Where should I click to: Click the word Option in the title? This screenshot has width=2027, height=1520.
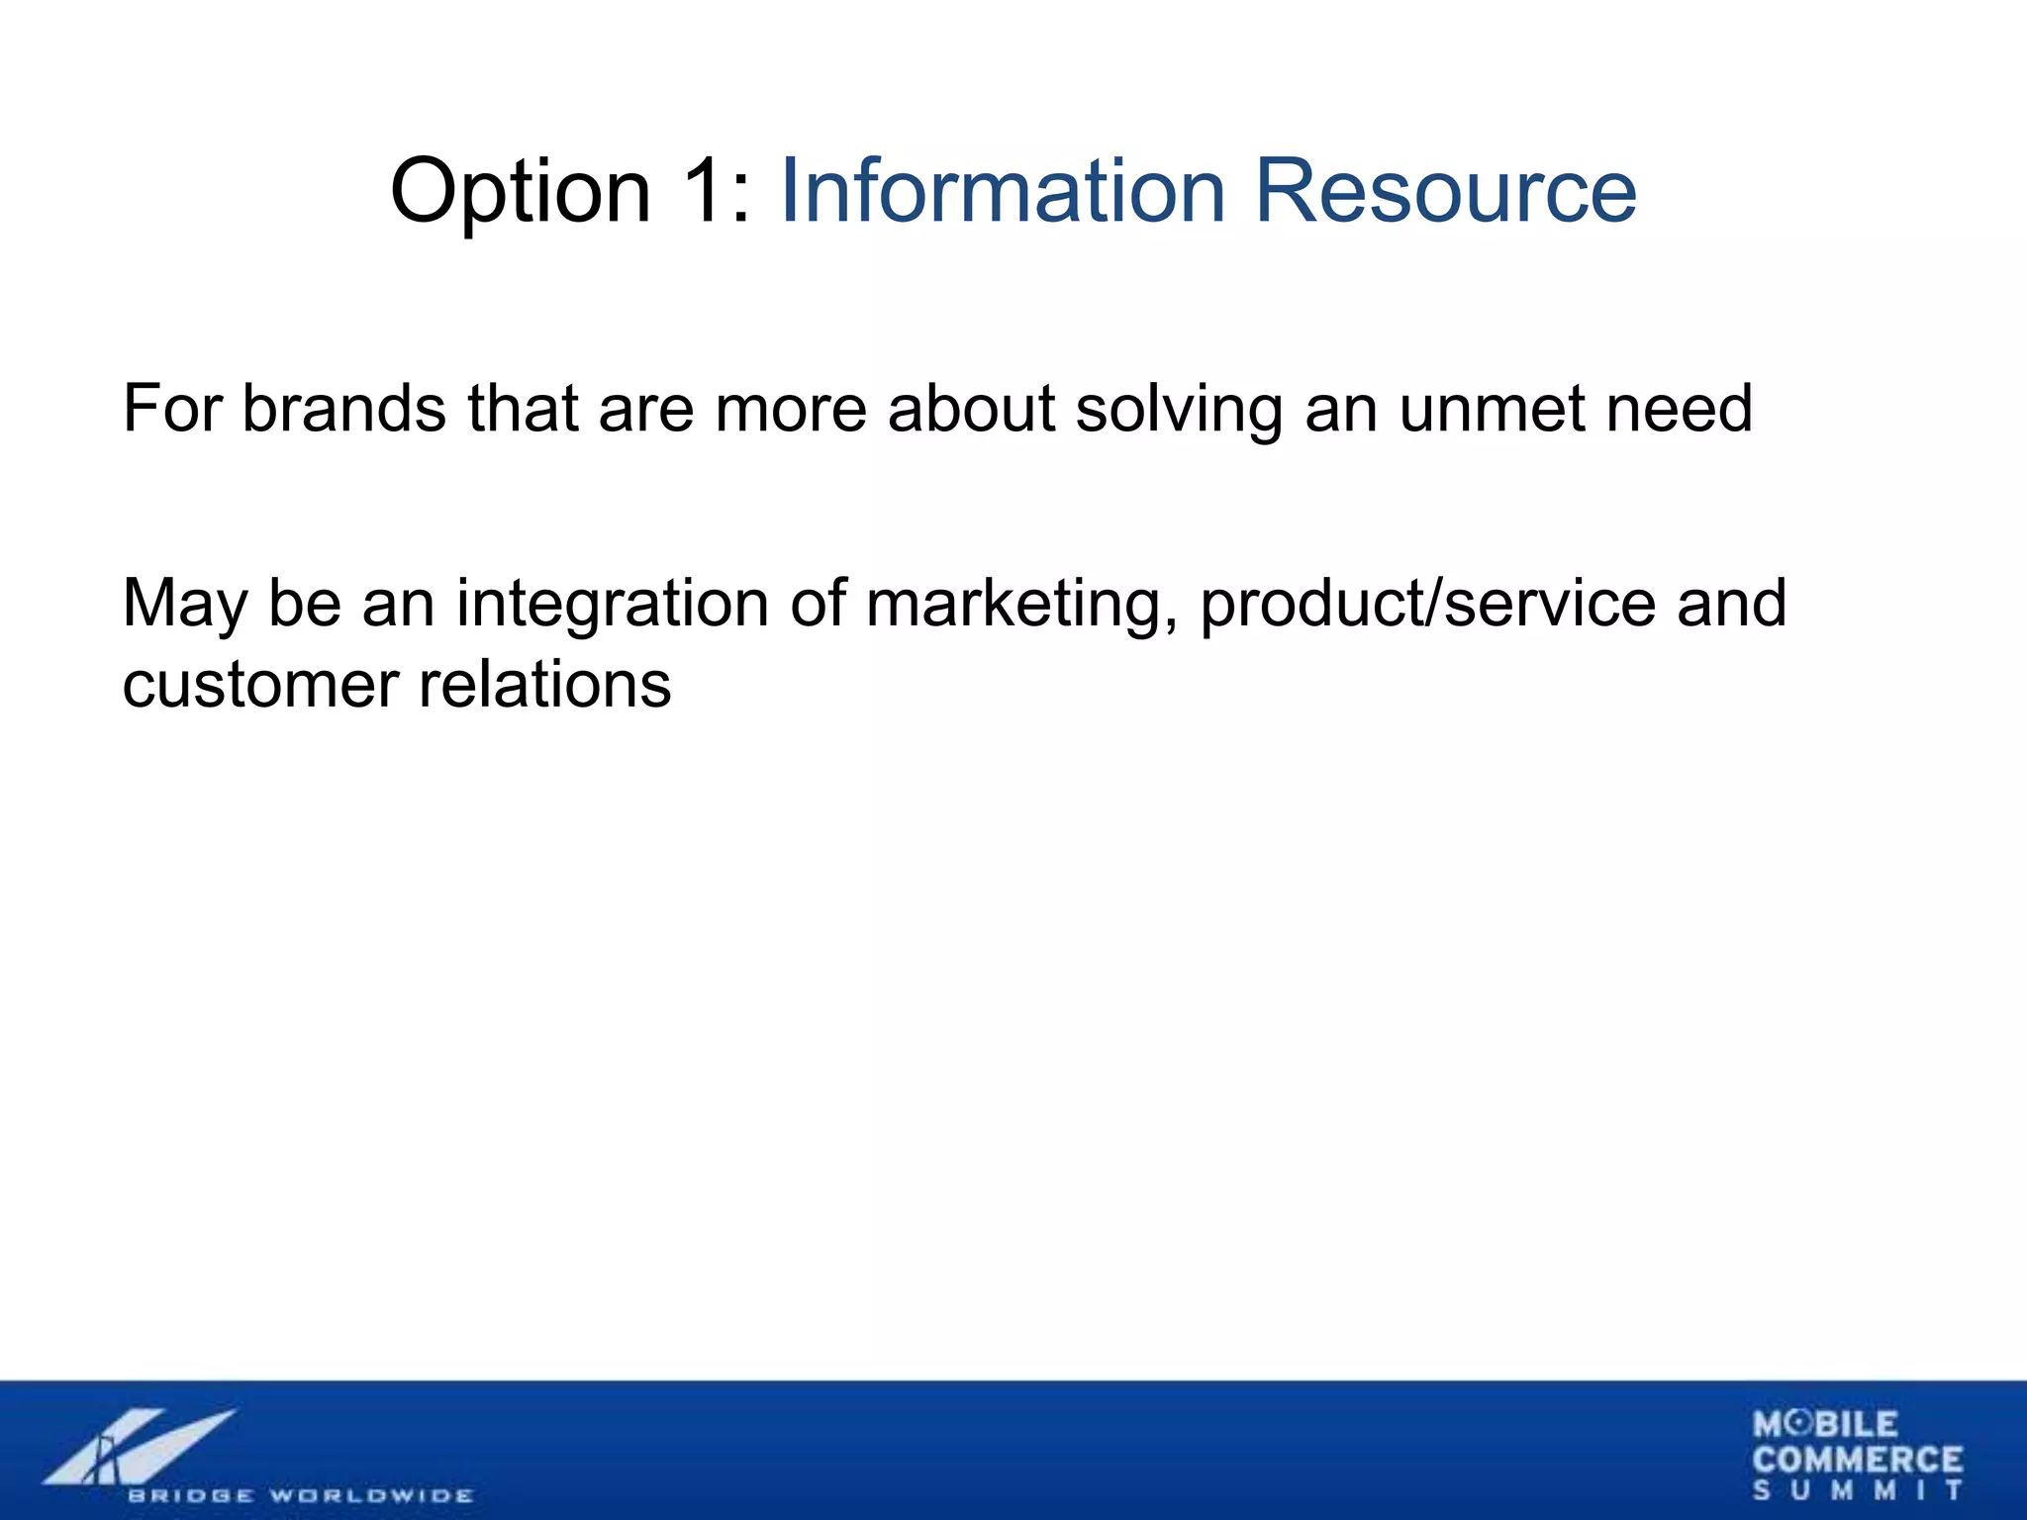click(x=521, y=193)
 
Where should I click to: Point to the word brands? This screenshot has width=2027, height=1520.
click(x=343, y=408)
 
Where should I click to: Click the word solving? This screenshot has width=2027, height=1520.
click(x=1179, y=410)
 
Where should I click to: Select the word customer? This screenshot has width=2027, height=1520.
click(x=260, y=685)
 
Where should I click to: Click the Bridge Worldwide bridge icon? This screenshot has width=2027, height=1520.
click(x=139, y=1447)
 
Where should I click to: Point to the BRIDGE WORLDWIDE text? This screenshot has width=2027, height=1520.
click(x=300, y=1495)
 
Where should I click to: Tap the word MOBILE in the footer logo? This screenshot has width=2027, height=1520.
click(x=1825, y=1425)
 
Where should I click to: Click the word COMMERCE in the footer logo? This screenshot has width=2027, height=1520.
click(x=1857, y=1460)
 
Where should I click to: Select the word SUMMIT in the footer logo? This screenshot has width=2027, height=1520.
click(x=1857, y=1490)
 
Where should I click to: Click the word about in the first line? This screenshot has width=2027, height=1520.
click(x=971, y=408)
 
